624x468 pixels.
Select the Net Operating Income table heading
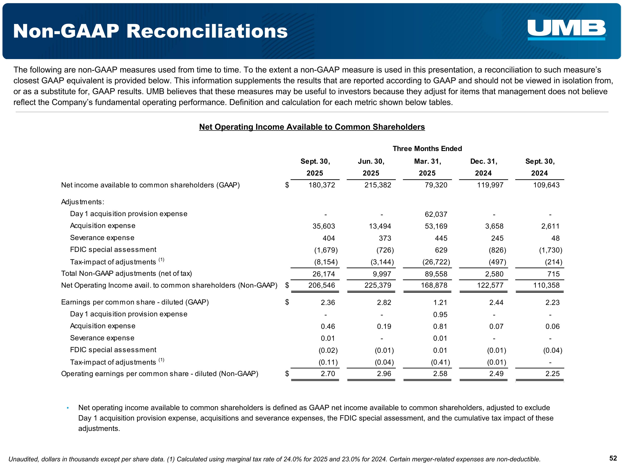pyautogui.click(x=312, y=127)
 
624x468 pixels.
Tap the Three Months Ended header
pyautogui.click(x=427, y=149)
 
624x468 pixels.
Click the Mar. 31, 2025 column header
pyautogui.click(x=427, y=167)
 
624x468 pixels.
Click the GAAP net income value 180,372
pyautogui.click(x=322, y=185)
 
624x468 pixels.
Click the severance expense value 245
pyautogui.click(x=497, y=238)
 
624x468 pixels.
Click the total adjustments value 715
pyautogui.click(x=553, y=274)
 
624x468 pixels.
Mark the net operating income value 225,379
pyautogui.click(x=378, y=286)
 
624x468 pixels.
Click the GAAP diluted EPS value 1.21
pyautogui.click(x=440, y=303)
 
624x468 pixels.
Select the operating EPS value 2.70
pyautogui.click(x=328, y=374)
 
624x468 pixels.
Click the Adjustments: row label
pyautogui.click(x=83, y=202)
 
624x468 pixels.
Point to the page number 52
pyautogui.click(x=613, y=458)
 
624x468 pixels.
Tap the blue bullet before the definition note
pyautogui.click(x=68, y=408)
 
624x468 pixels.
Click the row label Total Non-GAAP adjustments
pyautogui.click(x=126, y=274)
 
